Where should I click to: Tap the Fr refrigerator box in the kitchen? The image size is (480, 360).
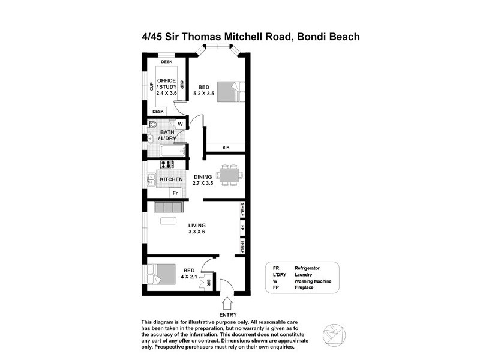[175, 193]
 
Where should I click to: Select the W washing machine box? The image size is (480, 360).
[179, 124]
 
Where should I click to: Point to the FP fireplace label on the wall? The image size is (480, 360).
[243, 228]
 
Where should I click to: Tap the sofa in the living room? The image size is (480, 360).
[168, 208]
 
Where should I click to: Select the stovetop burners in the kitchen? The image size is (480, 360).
[166, 164]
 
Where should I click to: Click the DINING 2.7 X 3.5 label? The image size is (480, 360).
[203, 179]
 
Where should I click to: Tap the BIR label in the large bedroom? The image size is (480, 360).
[226, 147]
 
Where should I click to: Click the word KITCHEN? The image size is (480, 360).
[171, 179]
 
